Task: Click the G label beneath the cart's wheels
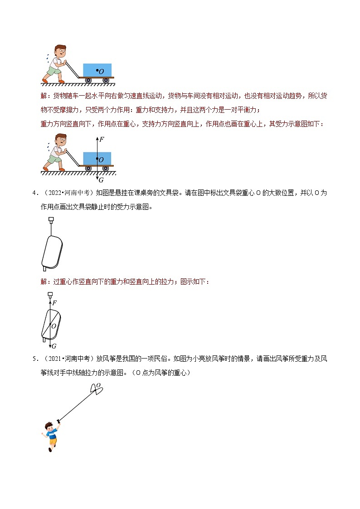pyautogui.click(x=101, y=180)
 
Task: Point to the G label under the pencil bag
pyautogui.click(x=54, y=346)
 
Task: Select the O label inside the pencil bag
pyautogui.click(x=54, y=326)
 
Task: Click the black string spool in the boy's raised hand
pyautogui.click(x=58, y=421)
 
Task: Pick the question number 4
pyautogui.click(x=34, y=193)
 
